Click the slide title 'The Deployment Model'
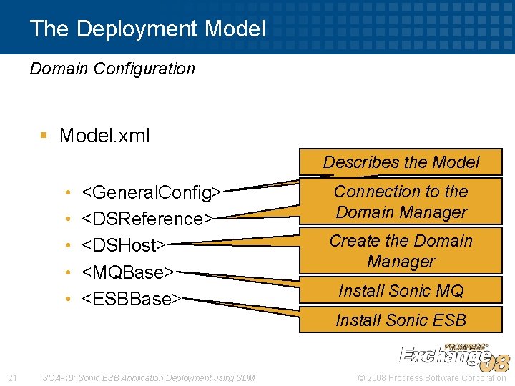click(x=147, y=29)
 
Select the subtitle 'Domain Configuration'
click(x=112, y=69)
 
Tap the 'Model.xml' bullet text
click(x=104, y=135)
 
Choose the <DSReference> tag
click(x=148, y=218)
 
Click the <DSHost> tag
click(x=124, y=245)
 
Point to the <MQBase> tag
click(x=129, y=272)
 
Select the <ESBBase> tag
click(x=132, y=299)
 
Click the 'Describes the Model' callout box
click(x=401, y=162)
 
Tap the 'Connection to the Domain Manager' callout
click(x=401, y=202)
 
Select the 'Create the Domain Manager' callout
click(x=401, y=251)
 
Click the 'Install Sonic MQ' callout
click(x=401, y=290)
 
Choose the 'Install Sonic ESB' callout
click(x=401, y=320)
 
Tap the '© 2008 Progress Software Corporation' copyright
click(x=431, y=377)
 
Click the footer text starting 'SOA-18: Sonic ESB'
click(x=148, y=377)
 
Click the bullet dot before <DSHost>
click(x=67, y=246)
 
